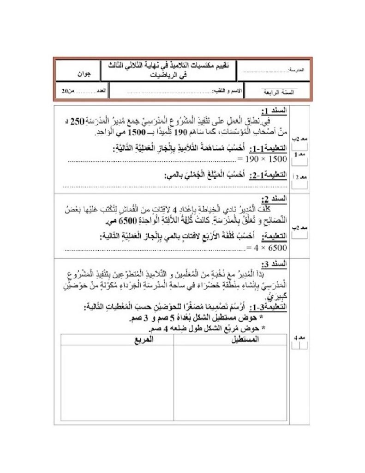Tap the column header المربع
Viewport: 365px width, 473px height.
144,339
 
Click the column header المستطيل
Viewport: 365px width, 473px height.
244,339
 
